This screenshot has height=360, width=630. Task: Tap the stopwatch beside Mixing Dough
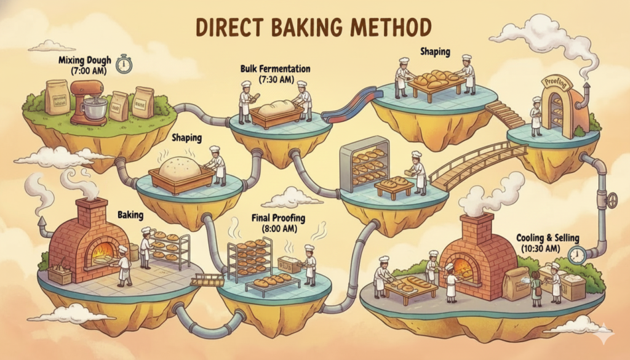[124, 63]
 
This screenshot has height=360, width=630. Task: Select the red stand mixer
[89, 103]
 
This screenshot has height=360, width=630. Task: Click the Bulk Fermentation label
[275, 69]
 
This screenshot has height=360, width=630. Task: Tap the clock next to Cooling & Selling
[577, 255]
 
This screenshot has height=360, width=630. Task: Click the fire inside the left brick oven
[103, 251]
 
